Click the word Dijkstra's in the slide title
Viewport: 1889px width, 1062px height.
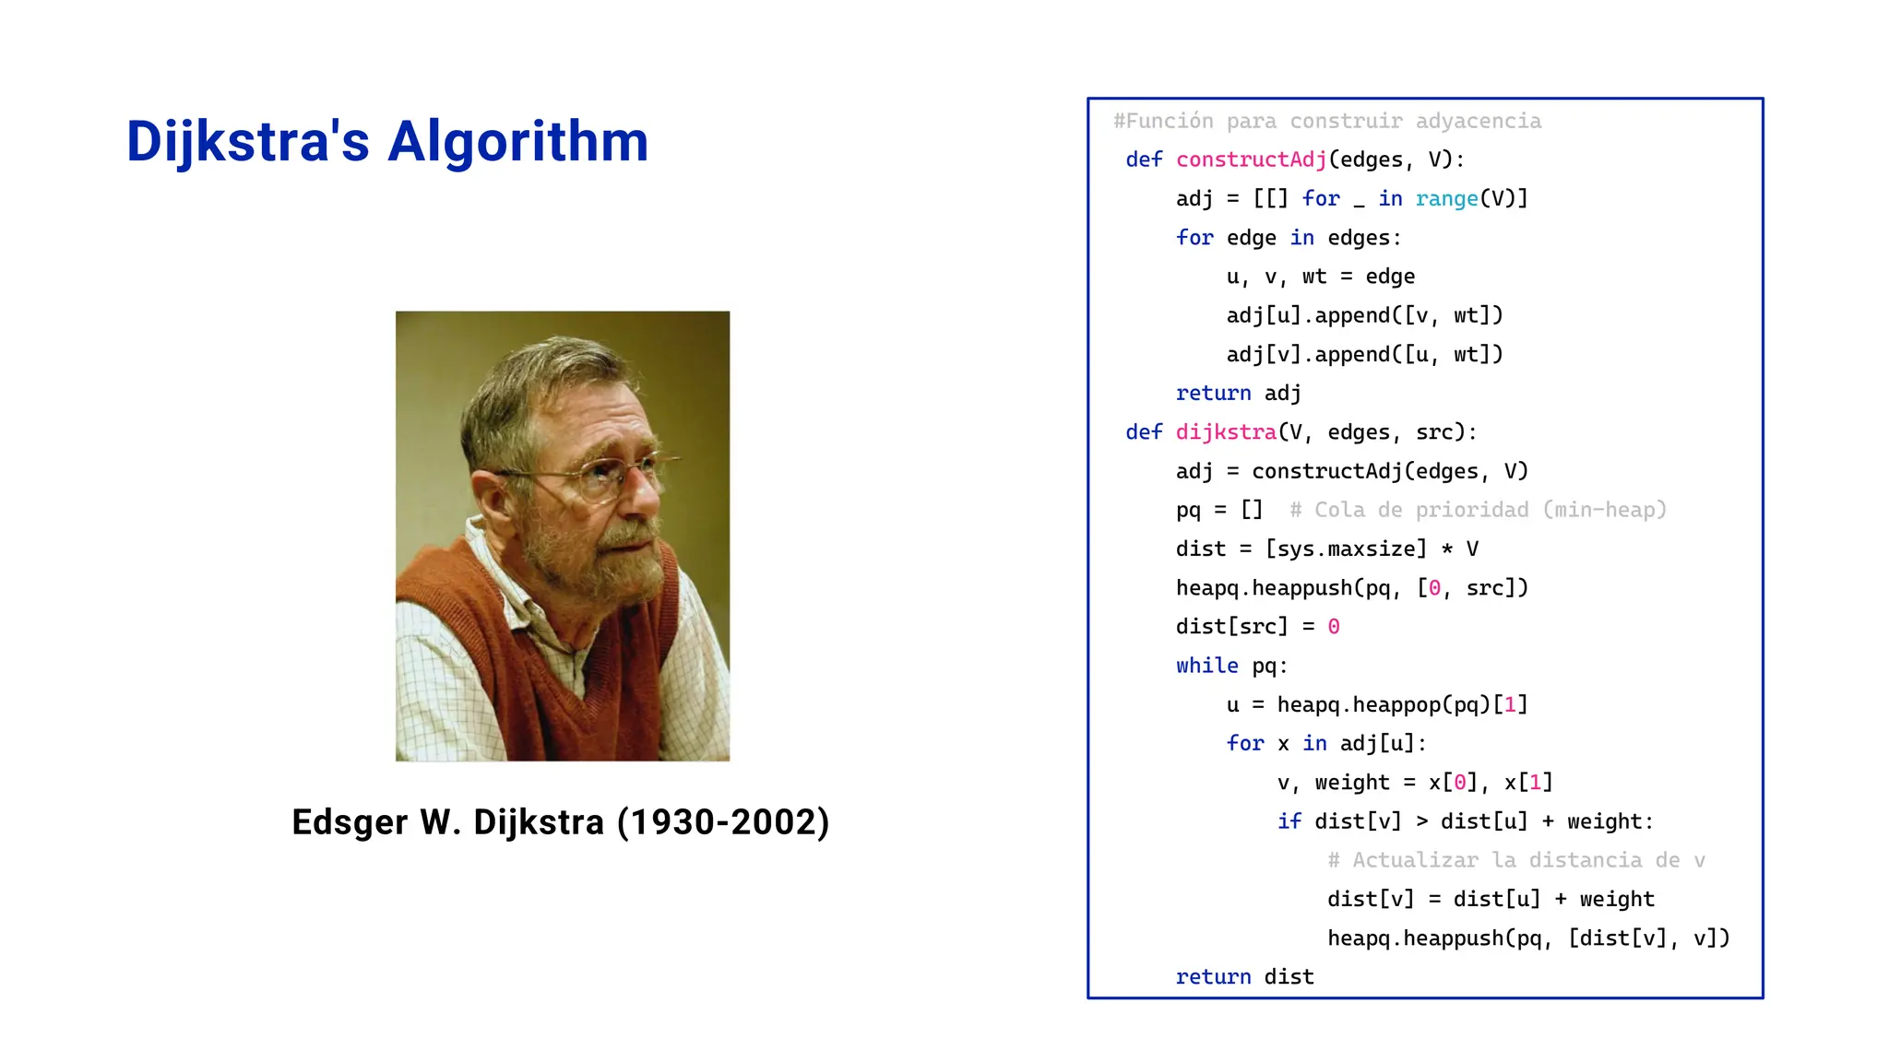click(247, 142)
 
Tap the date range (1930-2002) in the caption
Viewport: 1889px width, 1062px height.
click(723, 821)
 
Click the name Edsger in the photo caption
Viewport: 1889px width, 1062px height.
click(350, 821)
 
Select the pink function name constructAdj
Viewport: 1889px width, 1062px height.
click(1251, 159)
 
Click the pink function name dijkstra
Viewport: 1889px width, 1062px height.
click(1226, 431)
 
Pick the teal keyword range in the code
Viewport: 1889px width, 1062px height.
click(1446, 198)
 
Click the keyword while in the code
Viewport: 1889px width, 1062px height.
click(1206, 666)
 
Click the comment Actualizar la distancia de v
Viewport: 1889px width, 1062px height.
click(1515, 860)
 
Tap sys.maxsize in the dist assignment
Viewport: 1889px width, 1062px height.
click(1346, 549)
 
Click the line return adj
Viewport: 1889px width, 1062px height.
click(1238, 393)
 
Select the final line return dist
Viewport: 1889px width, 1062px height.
click(1244, 976)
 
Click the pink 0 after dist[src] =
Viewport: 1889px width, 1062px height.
click(1333, 627)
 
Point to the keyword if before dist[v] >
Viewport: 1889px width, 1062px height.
click(1289, 821)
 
